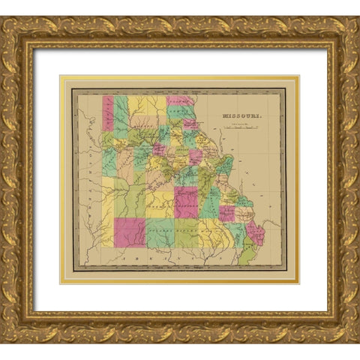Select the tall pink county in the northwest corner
point(108,113)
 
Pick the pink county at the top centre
point(179,100)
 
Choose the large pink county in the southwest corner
point(130,232)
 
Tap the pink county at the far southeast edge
point(256,232)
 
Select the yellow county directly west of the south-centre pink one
point(160,203)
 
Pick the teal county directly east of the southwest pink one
point(160,232)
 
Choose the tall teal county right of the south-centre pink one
point(210,202)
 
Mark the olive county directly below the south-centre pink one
point(187,232)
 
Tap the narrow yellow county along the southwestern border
point(107,232)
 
